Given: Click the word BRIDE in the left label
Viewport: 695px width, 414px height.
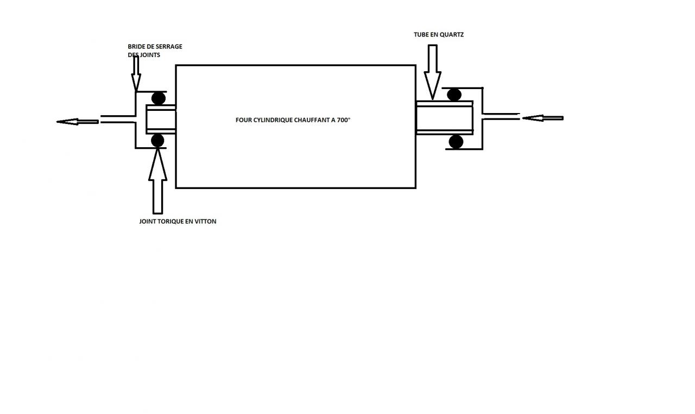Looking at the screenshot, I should (x=137, y=47).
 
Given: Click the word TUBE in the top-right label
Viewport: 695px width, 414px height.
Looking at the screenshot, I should (x=421, y=35).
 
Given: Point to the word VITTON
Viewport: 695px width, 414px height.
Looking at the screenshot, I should (x=204, y=222).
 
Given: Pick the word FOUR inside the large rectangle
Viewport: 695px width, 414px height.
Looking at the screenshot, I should (x=244, y=120).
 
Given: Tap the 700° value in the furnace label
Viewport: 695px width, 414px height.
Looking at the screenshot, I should (x=343, y=120).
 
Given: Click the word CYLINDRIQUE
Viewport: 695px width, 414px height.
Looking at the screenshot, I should (x=273, y=120).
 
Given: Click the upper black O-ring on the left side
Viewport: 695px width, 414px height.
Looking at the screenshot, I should (x=158, y=98).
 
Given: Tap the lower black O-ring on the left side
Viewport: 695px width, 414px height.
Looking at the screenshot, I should (x=157, y=141).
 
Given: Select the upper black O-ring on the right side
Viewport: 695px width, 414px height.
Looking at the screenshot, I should (x=454, y=95).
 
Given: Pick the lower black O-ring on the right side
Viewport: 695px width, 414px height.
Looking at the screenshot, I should (x=456, y=142).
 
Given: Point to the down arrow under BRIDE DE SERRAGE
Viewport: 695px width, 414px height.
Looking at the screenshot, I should (x=136, y=73).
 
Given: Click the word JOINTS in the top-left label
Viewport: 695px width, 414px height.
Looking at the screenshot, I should (x=149, y=55).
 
